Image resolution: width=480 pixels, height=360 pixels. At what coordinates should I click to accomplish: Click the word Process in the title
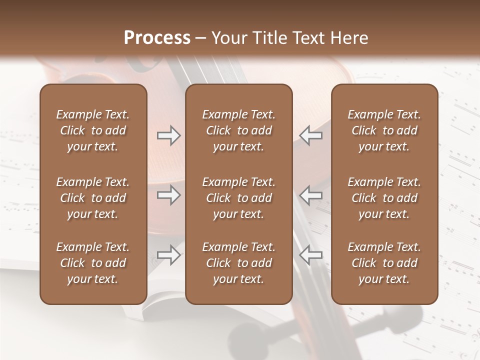tap(157, 38)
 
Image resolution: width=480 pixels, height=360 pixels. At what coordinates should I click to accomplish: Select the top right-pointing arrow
tap(168, 135)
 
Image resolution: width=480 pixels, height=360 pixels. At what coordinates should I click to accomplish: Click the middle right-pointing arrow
tap(168, 195)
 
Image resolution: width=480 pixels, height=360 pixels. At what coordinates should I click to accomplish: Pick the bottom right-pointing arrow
tap(168, 255)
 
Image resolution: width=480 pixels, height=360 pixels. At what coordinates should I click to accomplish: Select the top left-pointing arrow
tap(310, 135)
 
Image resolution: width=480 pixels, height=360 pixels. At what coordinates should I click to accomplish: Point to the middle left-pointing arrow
tap(310, 195)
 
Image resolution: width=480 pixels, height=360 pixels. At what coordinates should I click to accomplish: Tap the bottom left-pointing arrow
tap(310, 255)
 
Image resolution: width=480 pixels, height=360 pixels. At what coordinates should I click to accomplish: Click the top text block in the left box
tap(93, 130)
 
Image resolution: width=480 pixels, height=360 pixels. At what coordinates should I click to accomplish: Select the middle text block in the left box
tap(93, 198)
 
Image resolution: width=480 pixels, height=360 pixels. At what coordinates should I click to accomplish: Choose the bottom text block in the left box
tap(93, 263)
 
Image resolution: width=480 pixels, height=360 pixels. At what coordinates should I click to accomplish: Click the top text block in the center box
tap(238, 130)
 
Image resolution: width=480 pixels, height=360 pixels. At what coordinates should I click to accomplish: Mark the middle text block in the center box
tap(238, 198)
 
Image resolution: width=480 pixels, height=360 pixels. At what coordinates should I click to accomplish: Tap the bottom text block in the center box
tap(238, 263)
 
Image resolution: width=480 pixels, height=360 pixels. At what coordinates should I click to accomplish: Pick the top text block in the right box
tap(384, 130)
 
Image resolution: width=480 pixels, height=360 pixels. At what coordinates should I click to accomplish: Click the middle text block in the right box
tap(384, 198)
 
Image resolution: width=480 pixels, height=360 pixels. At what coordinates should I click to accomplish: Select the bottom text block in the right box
tap(384, 263)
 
